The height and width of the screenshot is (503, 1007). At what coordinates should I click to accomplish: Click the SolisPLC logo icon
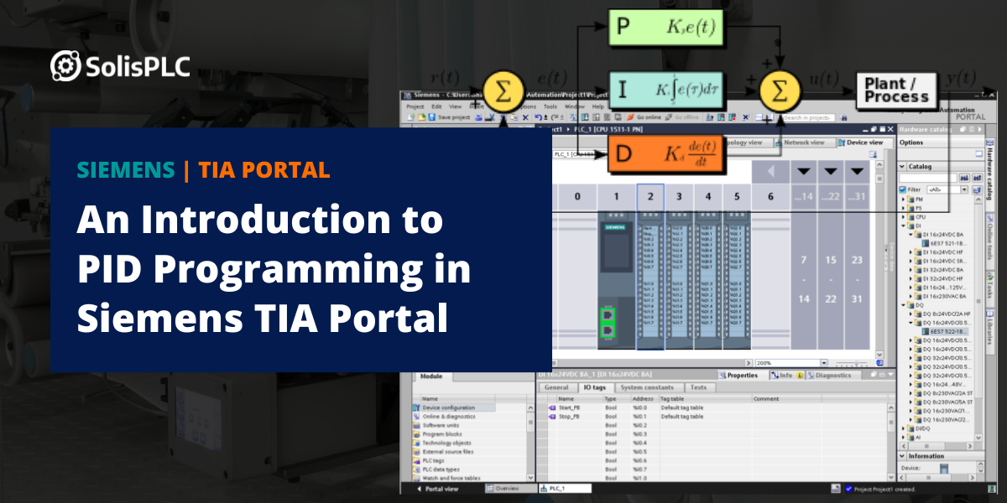pos(65,65)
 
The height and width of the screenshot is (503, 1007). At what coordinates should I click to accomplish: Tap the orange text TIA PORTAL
pos(264,170)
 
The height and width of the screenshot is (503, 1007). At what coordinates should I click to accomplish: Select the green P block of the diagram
pos(665,28)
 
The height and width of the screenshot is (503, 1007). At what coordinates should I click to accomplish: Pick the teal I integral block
pos(665,90)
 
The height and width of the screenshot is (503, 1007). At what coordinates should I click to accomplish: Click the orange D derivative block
pos(665,153)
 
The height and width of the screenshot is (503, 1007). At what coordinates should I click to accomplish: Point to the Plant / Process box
pos(896,90)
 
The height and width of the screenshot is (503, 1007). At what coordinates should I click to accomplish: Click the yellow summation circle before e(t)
pos(502,91)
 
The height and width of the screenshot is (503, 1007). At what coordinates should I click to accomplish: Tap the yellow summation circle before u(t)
pos(780,91)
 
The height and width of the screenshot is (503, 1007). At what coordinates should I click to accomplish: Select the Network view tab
pos(806,143)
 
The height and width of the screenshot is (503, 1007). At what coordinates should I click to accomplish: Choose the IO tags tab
pos(595,387)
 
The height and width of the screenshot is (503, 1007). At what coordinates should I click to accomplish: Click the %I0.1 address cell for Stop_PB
pos(639,416)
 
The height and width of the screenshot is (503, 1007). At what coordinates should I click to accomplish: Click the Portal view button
pos(441,488)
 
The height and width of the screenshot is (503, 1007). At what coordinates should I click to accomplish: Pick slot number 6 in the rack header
pos(770,196)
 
